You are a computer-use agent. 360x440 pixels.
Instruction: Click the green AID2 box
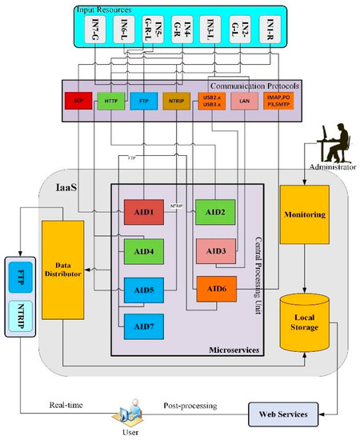tap(214, 211)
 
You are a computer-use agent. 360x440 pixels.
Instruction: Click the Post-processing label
tap(190, 406)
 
